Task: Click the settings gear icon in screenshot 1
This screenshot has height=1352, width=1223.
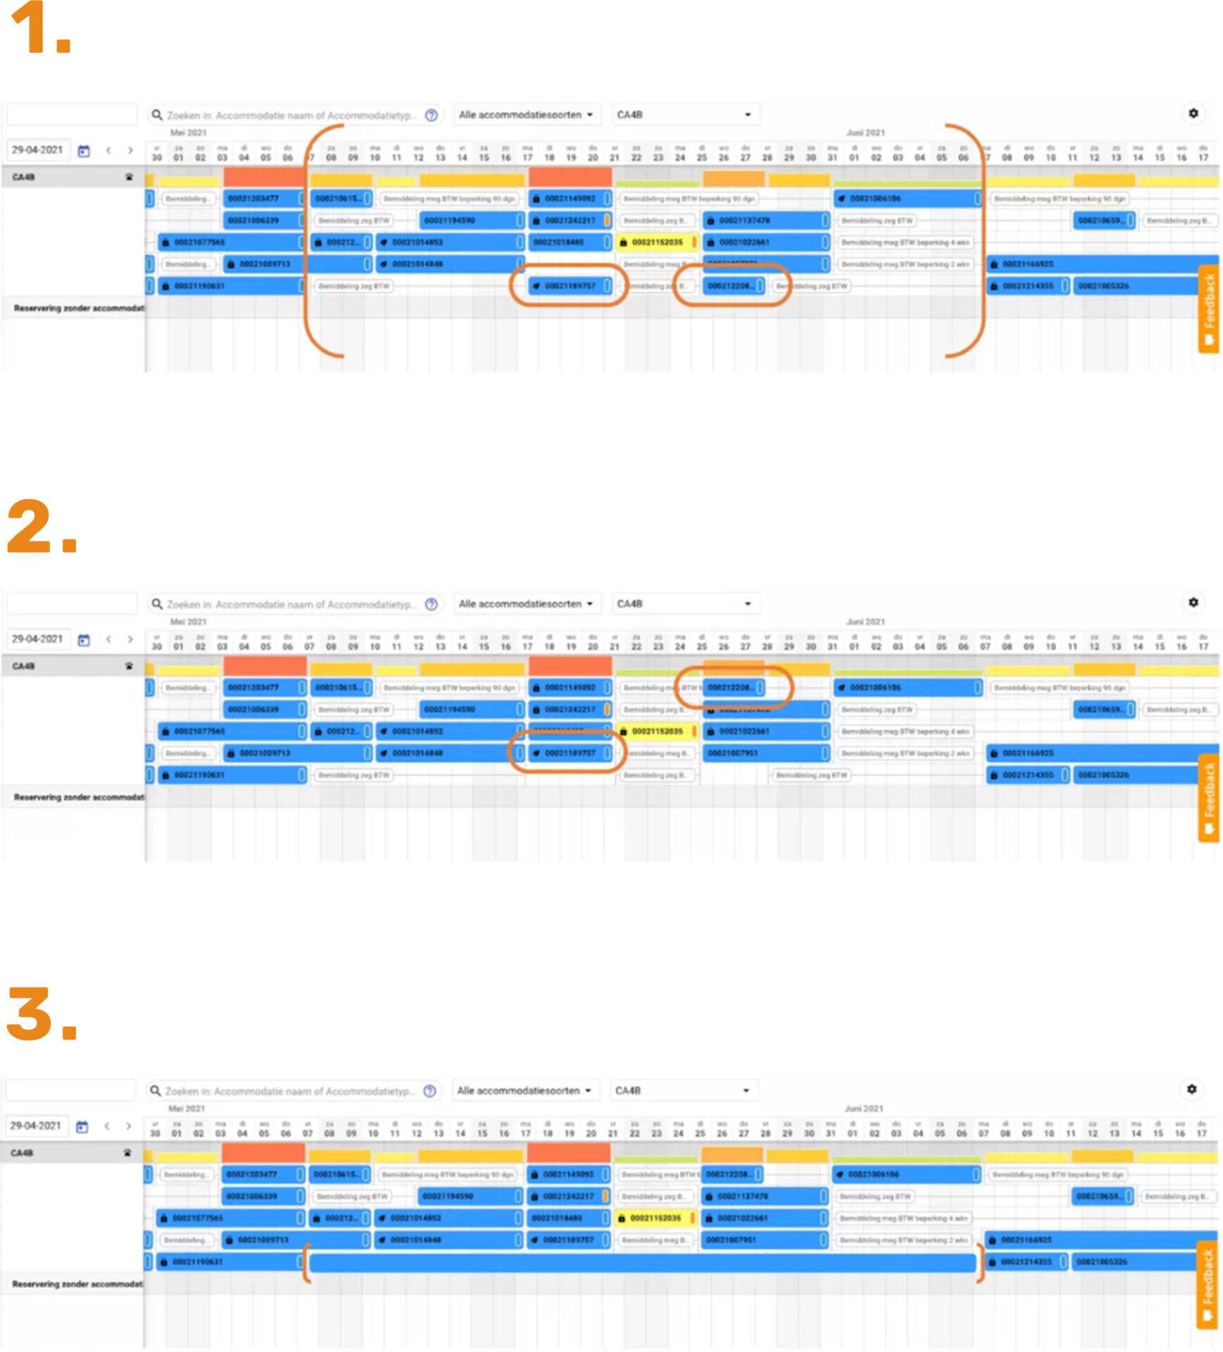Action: pyautogui.click(x=1193, y=113)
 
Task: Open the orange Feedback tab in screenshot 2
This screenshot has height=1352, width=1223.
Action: pyautogui.click(x=1208, y=798)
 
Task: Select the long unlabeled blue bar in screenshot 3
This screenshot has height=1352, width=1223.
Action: pyautogui.click(x=641, y=1262)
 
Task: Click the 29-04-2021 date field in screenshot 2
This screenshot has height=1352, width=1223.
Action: pyautogui.click(x=38, y=639)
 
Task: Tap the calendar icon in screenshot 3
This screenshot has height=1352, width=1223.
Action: pyautogui.click(x=82, y=1126)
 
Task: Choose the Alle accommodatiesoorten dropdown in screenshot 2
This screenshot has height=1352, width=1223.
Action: pyautogui.click(x=525, y=603)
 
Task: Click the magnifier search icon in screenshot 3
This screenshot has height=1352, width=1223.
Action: pyautogui.click(x=155, y=1090)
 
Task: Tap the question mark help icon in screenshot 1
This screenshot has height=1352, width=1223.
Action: pyautogui.click(x=432, y=115)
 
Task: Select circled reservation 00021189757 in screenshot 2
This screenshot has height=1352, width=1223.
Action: pyautogui.click(x=569, y=753)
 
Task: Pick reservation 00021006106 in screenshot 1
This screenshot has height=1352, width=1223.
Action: pyautogui.click(x=907, y=199)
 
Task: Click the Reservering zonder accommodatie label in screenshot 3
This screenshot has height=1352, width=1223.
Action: pyautogui.click(x=76, y=1284)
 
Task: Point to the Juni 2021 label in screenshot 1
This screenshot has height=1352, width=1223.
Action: pyautogui.click(x=865, y=132)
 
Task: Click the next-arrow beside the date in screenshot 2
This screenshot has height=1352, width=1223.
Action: pyautogui.click(x=130, y=639)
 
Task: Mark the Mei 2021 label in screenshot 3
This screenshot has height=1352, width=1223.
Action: pyautogui.click(x=187, y=1108)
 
